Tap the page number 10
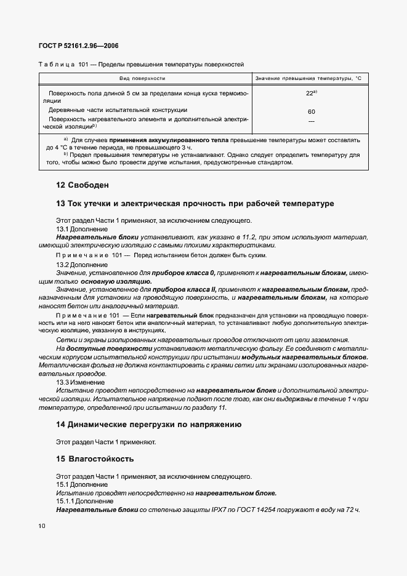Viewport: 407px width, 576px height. tap(42, 526)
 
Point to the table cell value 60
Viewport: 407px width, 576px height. tap(311, 112)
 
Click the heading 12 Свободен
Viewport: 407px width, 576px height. tap(83, 185)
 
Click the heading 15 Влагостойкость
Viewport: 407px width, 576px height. tap(95, 459)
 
